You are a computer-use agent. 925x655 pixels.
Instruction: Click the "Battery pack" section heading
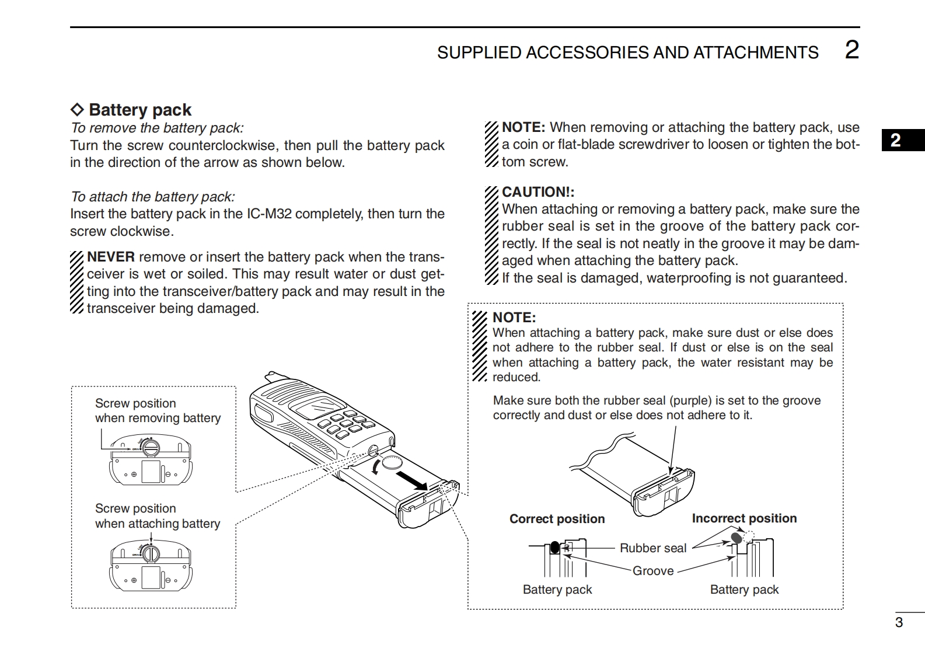139,110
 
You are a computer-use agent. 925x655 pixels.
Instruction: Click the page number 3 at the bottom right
899,622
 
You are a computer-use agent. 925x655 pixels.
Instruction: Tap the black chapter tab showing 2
895,140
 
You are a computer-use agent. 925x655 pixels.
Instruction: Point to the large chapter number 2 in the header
851,50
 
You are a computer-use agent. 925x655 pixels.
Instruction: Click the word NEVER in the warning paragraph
111,257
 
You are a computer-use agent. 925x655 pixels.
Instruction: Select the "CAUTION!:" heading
538,192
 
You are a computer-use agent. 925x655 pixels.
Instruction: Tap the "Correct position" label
557,519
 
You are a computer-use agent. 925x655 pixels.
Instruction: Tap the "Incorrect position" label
744,518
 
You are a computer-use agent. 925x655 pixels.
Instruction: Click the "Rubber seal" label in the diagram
652,548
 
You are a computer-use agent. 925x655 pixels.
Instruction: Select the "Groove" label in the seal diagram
653,571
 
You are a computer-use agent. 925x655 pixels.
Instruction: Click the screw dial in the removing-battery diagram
151,447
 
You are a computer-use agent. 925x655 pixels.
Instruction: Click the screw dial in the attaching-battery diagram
151,552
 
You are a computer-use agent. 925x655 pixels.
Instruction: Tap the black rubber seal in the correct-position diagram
554,548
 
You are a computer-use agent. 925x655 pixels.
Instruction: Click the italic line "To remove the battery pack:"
157,128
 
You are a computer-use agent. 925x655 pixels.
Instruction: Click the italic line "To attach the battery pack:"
152,197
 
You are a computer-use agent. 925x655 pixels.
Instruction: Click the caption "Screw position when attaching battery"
158,516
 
